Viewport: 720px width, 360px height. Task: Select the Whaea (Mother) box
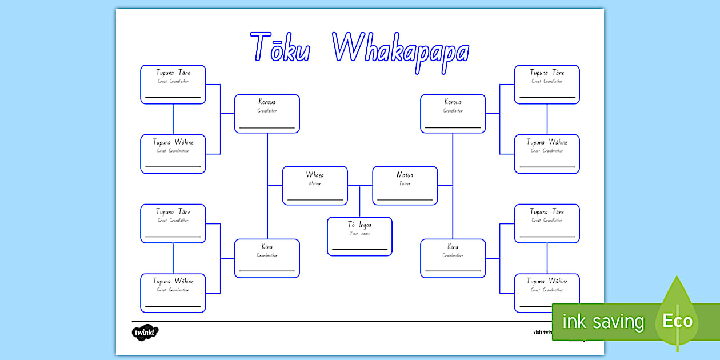[x=315, y=186]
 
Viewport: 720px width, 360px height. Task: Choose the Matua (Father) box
[x=405, y=186]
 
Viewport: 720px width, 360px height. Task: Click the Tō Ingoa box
[x=359, y=236]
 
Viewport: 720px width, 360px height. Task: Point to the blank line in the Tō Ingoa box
[x=359, y=250]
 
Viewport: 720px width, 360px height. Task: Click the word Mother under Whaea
[x=315, y=184]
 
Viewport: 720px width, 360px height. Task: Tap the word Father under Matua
[x=405, y=184]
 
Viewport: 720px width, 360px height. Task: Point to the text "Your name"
[x=359, y=234]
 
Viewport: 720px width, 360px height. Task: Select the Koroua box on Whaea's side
[x=267, y=114]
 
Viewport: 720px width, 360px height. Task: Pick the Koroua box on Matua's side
[x=453, y=114]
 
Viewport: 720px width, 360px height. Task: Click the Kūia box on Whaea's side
[x=267, y=258]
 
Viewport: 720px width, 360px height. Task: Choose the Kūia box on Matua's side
[x=453, y=258]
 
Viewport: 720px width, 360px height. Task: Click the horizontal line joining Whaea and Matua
[x=360, y=186]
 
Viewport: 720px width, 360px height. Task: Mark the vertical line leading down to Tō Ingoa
[x=359, y=201]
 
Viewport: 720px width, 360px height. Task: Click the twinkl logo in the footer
[x=145, y=331]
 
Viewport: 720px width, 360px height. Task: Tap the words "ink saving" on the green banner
[x=602, y=322]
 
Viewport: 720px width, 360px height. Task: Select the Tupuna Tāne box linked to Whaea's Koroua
[x=173, y=85]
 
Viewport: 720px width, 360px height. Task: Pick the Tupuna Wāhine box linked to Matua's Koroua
[x=547, y=154]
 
